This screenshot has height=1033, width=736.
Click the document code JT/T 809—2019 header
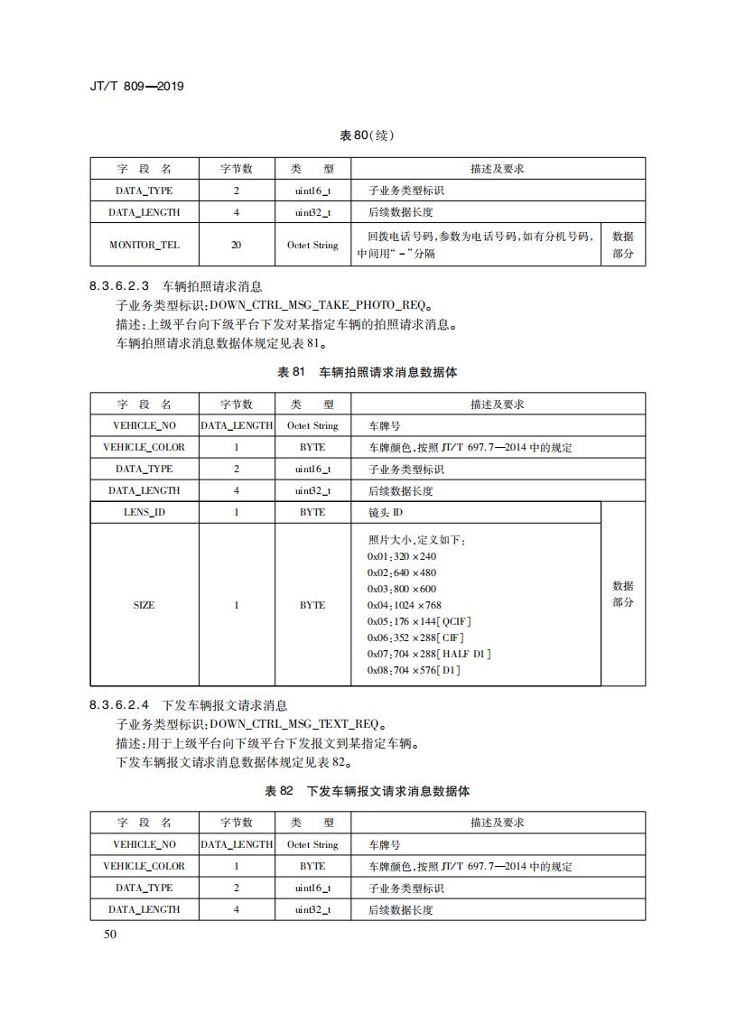click(138, 87)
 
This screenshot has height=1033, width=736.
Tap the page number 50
click(110, 934)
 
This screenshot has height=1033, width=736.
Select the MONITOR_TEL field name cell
click(144, 245)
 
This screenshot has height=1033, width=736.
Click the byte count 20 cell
click(237, 245)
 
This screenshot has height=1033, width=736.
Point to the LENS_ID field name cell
click(144, 512)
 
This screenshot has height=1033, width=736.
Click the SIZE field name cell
click(144, 605)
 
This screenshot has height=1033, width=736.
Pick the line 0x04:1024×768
click(405, 605)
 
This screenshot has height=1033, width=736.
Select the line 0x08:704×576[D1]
click(414, 670)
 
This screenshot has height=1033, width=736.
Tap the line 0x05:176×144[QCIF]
click(419, 621)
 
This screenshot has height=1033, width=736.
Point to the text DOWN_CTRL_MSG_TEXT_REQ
click(293, 724)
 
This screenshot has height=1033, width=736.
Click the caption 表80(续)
click(367, 135)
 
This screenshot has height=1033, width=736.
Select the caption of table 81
click(367, 372)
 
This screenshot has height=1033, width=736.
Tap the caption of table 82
click(367, 791)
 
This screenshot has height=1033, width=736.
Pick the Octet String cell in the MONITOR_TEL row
click(312, 245)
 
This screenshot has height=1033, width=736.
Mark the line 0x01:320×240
click(402, 556)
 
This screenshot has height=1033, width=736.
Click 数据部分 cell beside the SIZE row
click(623, 594)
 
